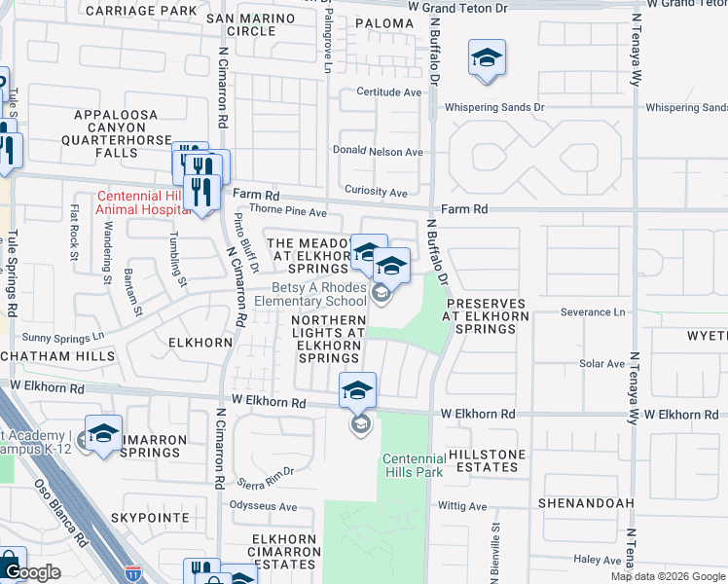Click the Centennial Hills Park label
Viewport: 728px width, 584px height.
click(413, 465)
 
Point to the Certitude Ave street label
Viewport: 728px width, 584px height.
click(389, 92)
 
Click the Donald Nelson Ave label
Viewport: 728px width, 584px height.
click(378, 152)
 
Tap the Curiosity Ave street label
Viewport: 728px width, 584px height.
click(375, 193)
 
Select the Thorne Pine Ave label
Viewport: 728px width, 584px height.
click(288, 210)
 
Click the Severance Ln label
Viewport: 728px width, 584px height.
click(593, 312)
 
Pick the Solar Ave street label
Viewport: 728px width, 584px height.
click(601, 364)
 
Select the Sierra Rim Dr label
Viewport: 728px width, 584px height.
click(264, 471)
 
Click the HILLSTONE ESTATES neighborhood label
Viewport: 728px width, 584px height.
click(487, 460)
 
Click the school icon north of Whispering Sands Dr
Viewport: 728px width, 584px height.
click(487, 58)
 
